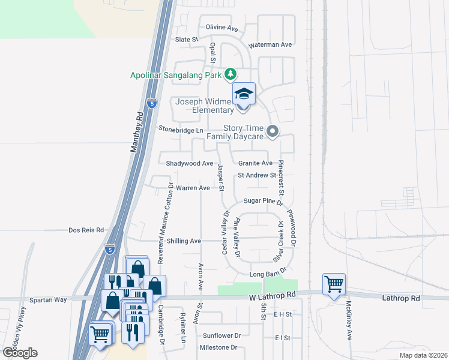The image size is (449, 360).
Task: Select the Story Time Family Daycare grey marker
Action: (273, 131)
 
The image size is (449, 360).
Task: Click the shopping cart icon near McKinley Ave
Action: (334, 283)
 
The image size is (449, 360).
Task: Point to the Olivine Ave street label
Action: (222, 28)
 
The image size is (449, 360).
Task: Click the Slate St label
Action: (186, 40)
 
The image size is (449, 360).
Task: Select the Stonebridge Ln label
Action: (181, 129)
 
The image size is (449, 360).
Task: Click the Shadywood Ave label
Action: (190, 163)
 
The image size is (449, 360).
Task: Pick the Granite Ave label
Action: (255, 163)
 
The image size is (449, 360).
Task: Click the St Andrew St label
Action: (256, 175)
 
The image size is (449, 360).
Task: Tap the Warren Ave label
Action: (193, 188)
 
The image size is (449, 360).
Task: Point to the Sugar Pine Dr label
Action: (263, 202)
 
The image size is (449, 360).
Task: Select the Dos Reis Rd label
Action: (86, 230)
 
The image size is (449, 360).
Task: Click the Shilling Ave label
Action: (184, 241)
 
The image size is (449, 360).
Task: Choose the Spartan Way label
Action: (49, 299)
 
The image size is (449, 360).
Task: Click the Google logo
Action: (20, 352)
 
